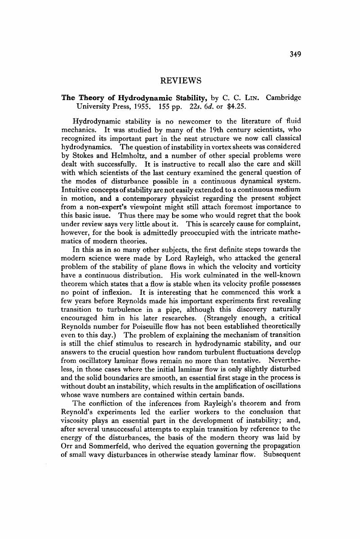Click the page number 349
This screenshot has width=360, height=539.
(295, 54)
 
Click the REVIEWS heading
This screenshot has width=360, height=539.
(180, 81)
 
